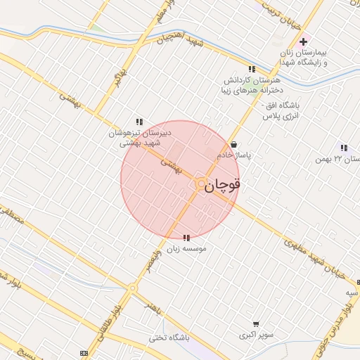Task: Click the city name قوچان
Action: tap(224, 185)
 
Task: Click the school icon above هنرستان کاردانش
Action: tap(252, 69)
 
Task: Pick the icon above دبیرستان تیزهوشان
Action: tap(139, 122)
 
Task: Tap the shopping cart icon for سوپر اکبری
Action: tap(256, 324)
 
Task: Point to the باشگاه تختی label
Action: tap(165, 337)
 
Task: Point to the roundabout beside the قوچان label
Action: tap(200, 184)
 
